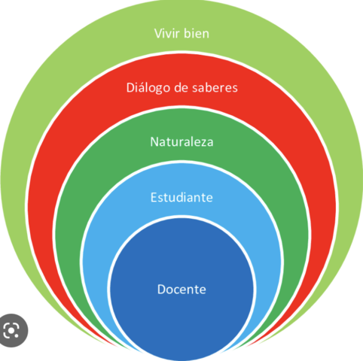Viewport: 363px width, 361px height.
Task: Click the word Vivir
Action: (166, 33)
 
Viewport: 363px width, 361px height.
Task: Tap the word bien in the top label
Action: (197, 33)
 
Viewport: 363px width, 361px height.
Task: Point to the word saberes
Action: (214, 88)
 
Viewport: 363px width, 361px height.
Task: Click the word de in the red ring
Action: (181, 88)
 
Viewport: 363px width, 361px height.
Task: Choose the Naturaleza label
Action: (181, 142)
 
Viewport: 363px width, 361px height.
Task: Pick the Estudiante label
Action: (181, 198)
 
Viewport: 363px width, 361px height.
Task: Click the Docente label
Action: (181, 289)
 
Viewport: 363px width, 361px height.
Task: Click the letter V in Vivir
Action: (157, 33)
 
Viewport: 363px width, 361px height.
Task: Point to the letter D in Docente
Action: (161, 289)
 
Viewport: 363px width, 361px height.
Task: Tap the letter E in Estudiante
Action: (154, 198)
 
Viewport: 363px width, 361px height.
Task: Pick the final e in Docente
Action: (203, 290)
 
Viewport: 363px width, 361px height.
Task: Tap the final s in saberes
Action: (235, 89)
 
